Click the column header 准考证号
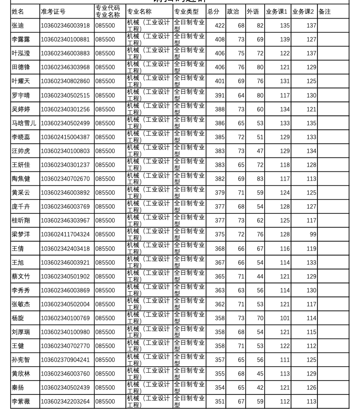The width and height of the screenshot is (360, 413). tap(53, 12)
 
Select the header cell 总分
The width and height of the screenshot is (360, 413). tap(213, 12)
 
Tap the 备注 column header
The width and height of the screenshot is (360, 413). tap(325, 12)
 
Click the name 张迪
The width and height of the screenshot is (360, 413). tap(18, 26)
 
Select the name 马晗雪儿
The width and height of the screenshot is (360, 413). tap(24, 123)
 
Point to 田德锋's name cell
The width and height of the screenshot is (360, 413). tap(21, 68)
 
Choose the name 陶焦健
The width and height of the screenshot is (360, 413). tap(21, 179)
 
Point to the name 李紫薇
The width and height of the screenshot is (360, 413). tap(21, 401)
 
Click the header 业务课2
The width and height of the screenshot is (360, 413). tap(303, 12)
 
